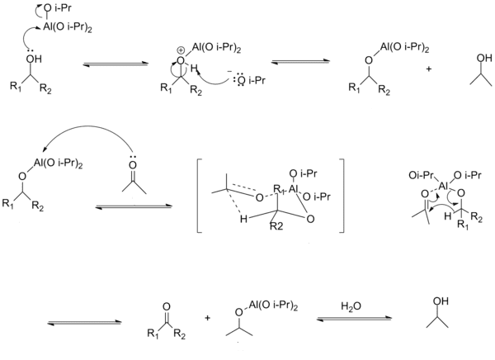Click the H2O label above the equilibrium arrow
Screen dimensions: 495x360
pyautogui.click(x=351, y=306)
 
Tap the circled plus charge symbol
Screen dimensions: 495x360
pyautogui.click(x=181, y=50)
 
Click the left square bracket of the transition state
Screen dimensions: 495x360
pyautogui.click(x=200, y=196)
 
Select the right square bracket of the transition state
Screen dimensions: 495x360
pyautogui.click(x=342, y=196)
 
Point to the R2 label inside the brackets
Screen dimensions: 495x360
pyautogui.click(x=276, y=226)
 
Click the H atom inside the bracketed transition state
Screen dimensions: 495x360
pyautogui.click(x=243, y=219)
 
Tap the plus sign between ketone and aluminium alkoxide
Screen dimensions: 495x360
pyautogui.click(x=207, y=318)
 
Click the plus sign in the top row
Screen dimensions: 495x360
pyautogui.click(x=428, y=69)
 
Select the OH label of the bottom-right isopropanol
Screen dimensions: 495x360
pyautogui.click(x=441, y=301)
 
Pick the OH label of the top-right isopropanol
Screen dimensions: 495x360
pyautogui.click(x=484, y=58)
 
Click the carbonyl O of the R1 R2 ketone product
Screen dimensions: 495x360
pyautogui.click(x=166, y=306)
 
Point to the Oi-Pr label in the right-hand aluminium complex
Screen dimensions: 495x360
pyautogui.click(x=421, y=175)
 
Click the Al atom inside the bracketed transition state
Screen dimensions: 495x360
pyautogui.click(x=293, y=189)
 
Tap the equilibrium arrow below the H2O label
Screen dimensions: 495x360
pyautogui.click(x=354, y=319)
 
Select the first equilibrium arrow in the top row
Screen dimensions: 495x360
pyautogui.click(x=115, y=64)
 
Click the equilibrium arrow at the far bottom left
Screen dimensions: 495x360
pyautogui.click(x=84, y=322)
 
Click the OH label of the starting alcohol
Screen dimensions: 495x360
pyautogui.click(x=34, y=59)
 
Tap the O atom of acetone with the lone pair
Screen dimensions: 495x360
pyautogui.click(x=133, y=165)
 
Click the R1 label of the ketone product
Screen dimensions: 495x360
pyautogui.click(x=153, y=334)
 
